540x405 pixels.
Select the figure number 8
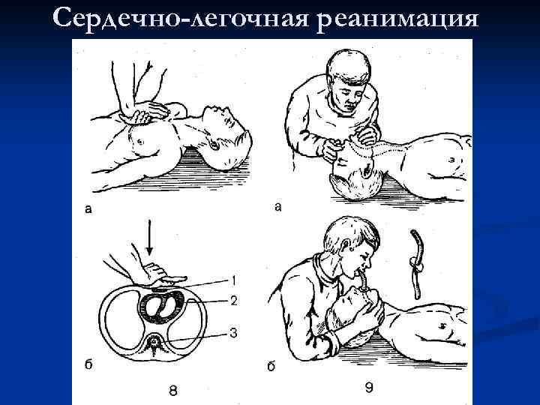173,388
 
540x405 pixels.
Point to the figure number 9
368,387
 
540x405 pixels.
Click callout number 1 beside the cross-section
233,280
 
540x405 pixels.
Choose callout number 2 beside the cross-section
234,301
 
